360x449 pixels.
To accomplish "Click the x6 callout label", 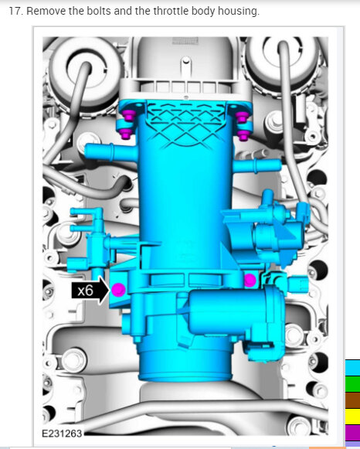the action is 86,291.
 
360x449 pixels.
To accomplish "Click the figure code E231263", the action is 62,434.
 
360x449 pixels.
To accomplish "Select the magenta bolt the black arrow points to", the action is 118,290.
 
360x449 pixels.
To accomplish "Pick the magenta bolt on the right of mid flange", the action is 250,281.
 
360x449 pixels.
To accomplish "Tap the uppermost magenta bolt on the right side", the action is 242,116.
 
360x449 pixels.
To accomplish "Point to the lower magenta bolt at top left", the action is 126,134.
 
